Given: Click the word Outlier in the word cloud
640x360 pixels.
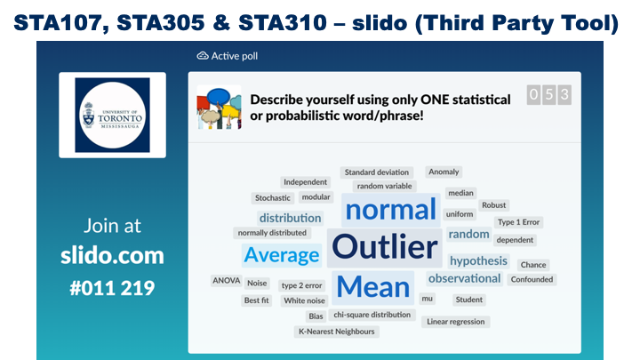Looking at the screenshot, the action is [385, 247].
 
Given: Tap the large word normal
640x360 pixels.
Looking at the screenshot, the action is [390, 210].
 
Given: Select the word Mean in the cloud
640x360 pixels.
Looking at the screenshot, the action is [373, 287].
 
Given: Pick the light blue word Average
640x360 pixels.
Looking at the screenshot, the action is [282, 255].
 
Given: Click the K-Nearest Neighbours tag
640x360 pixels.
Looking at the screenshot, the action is [337, 332].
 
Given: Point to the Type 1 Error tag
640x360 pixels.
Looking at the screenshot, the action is [519, 222].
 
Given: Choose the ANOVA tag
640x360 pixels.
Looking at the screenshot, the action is [226, 281].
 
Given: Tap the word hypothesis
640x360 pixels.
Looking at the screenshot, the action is [478, 260].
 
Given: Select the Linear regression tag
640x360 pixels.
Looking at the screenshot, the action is [456, 322].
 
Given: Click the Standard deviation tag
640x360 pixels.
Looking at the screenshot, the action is [377, 172].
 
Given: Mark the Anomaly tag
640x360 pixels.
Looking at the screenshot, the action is [444, 172].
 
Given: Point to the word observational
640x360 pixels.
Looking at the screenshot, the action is [465, 278].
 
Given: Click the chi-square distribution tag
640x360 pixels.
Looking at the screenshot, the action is [372, 315].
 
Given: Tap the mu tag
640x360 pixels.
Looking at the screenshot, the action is [428, 299].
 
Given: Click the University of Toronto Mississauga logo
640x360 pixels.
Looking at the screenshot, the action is [112, 115].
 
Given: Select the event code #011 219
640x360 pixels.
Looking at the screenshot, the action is [112, 288].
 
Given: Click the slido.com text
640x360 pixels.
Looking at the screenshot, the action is [112, 256].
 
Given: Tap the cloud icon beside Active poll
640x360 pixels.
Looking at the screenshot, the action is [203, 56].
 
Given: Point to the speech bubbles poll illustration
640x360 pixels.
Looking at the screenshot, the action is [220, 108].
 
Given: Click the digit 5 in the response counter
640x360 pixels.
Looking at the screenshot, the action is [549, 95].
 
